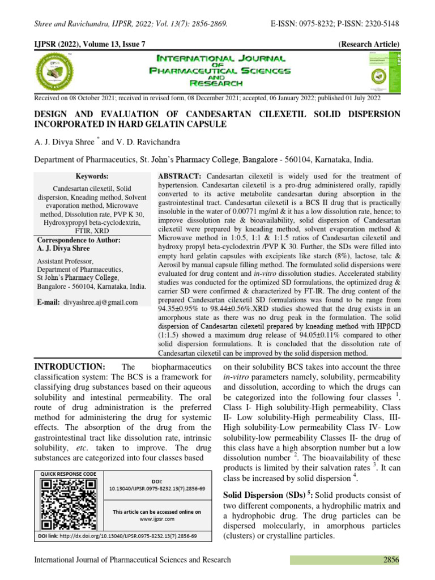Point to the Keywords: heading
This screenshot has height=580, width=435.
[x=92, y=177]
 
